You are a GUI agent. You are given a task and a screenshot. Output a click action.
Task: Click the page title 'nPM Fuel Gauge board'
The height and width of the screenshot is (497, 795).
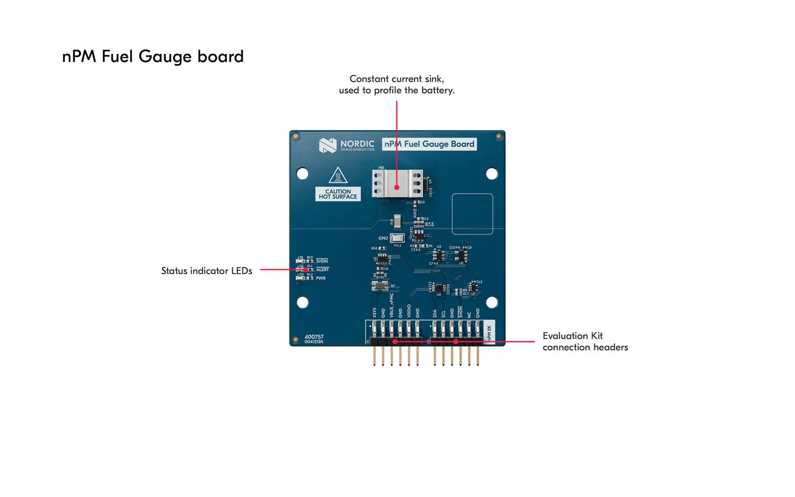pos(153,56)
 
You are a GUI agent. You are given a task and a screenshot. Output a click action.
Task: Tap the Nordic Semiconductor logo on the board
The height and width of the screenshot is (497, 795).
pos(328,145)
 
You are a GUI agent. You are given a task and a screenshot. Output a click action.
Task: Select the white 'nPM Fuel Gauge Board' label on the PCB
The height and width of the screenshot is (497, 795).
pos(429,144)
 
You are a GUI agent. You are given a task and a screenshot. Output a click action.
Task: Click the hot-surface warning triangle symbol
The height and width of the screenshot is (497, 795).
pos(338,176)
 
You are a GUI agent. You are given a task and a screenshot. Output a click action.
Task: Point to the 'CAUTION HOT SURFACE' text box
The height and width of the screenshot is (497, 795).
pos(338,194)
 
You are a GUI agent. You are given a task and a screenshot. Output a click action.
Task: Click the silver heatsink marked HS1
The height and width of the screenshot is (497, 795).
pos(397,183)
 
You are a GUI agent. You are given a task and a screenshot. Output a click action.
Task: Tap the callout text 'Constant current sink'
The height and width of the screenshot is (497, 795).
pos(396,79)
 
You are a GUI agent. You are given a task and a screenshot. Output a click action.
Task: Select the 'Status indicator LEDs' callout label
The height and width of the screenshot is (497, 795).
pos(207,271)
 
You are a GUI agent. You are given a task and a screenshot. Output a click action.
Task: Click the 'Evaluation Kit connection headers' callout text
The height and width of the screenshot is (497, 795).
pos(585,341)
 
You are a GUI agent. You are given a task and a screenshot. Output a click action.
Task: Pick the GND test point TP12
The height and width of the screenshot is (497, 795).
pos(397,238)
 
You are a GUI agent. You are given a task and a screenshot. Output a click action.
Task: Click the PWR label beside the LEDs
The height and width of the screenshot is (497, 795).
pos(321,278)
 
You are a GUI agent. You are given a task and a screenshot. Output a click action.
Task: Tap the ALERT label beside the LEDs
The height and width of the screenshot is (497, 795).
pos(323,270)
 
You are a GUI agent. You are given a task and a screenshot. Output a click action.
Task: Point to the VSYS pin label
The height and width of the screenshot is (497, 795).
pos(375,312)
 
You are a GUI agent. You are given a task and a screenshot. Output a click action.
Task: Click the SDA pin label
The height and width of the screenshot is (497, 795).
pos(435,313)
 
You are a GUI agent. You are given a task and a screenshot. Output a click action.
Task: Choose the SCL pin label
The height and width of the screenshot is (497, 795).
pos(443,313)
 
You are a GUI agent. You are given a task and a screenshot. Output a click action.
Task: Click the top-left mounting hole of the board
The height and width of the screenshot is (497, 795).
pos(303,173)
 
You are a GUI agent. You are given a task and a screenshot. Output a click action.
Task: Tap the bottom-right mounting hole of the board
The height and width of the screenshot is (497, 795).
pos(492,302)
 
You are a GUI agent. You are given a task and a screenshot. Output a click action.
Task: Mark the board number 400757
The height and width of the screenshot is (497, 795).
pos(314,337)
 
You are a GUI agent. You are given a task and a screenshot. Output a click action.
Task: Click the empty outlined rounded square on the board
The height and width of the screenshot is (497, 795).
pos(472,214)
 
